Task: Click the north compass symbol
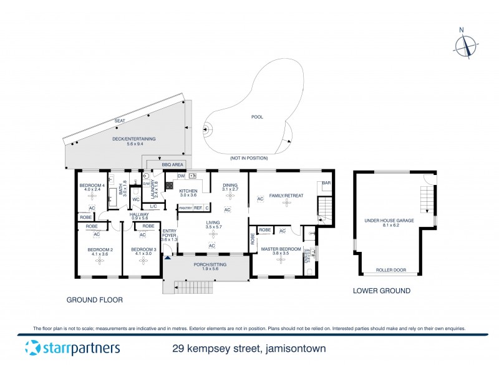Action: pyautogui.click(x=465, y=46)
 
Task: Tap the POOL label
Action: pyautogui.click(x=257, y=117)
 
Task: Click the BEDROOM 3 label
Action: pyautogui.click(x=142, y=250)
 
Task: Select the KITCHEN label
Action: pyautogui.click(x=188, y=191)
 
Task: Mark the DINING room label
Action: pyautogui.click(x=230, y=185)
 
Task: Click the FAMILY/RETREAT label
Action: pyautogui.click(x=286, y=196)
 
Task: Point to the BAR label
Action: pyautogui.click(x=325, y=183)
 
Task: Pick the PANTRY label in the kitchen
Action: pyautogui.click(x=185, y=207)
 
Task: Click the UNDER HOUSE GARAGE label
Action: pyautogui.click(x=388, y=221)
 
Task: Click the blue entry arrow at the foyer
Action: pyautogui.click(x=167, y=256)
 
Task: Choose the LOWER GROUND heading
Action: pyautogui.click(x=381, y=291)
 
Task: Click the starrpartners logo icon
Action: pyautogui.click(x=32, y=347)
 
